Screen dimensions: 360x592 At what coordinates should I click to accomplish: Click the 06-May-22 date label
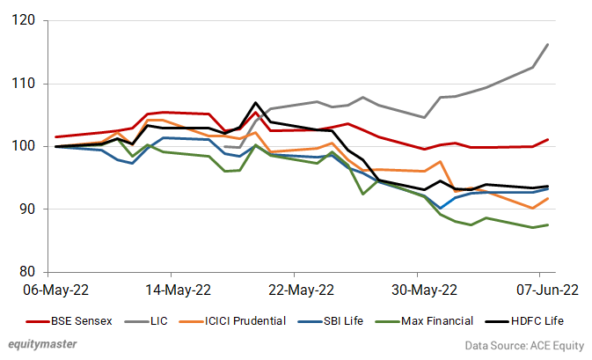click(57, 289)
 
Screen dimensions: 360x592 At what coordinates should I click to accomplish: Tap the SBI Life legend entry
click(352, 320)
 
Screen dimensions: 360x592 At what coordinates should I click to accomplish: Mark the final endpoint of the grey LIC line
click(549, 44)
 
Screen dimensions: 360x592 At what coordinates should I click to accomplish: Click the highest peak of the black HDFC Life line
click(255, 103)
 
